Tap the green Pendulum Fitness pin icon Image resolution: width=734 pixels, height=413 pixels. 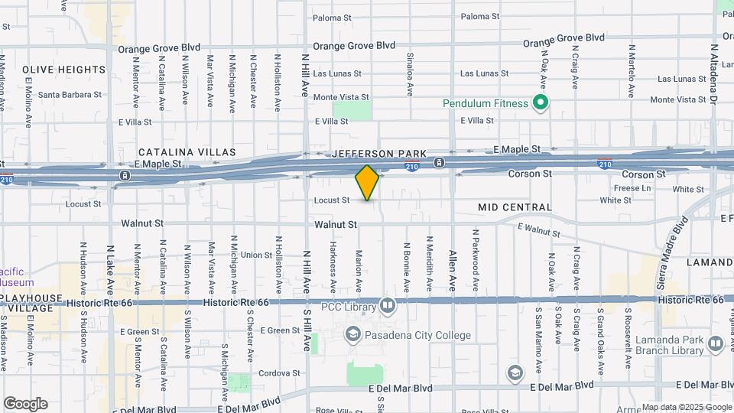(x=541, y=103)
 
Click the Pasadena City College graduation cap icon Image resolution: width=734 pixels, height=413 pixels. (x=352, y=333)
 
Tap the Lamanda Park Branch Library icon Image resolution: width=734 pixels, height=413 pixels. (x=716, y=344)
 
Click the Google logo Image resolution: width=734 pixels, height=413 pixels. (x=25, y=404)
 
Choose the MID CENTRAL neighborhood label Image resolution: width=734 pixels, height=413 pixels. (x=515, y=207)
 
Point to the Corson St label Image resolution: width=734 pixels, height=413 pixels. (x=530, y=174)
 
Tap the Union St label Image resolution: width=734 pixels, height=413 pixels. (x=256, y=255)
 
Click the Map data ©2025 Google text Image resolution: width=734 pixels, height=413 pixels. (x=686, y=407)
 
